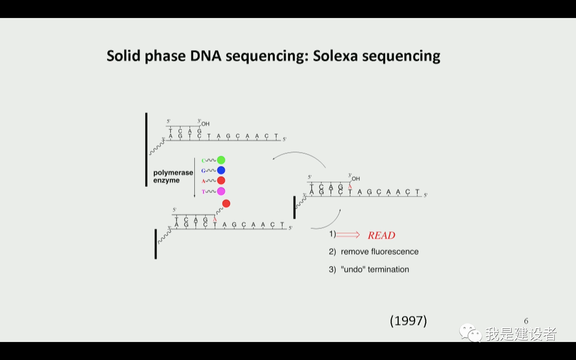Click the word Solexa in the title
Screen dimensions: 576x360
[335, 56]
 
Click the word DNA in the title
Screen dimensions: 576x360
[206, 56]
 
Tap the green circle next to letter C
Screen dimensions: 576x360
[221, 160]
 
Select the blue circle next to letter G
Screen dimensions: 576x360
[221, 170]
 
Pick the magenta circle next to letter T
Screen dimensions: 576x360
[221, 191]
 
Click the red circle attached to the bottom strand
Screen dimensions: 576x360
[226, 204]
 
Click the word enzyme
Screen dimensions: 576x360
[166, 180]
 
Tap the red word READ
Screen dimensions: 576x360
[381, 235]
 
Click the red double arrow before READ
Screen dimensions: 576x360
[348, 234]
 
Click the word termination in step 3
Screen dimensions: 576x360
[388, 269]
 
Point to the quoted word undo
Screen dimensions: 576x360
[353, 269]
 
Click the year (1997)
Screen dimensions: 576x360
[408, 321]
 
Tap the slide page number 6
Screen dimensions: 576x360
[526, 321]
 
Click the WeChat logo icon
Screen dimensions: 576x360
[470, 333]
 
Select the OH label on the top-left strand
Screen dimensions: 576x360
[206, 124]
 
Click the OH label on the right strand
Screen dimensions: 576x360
[356, 179]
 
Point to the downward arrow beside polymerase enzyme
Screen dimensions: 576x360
[194, 178]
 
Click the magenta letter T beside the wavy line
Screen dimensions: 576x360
[203, 192]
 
